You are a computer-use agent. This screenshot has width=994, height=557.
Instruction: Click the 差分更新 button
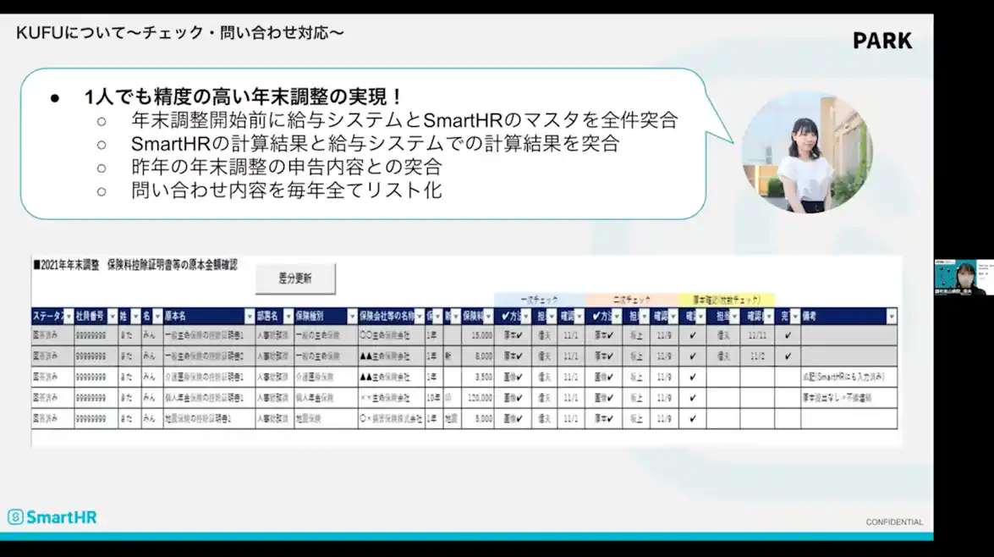295,278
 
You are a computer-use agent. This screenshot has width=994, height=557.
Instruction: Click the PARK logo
882,41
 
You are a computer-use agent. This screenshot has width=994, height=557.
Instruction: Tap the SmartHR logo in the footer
52,516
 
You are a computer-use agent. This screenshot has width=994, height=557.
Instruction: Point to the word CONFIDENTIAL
894,522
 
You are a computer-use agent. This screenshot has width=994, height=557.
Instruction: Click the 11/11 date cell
757,335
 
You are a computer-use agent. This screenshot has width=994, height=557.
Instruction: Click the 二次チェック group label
630,300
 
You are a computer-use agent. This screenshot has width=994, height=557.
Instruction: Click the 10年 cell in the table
433,397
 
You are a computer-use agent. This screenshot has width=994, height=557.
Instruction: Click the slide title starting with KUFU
180,33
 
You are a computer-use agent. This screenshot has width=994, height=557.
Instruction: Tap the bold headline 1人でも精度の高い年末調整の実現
243,97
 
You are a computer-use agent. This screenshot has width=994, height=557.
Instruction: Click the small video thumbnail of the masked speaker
964,277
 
